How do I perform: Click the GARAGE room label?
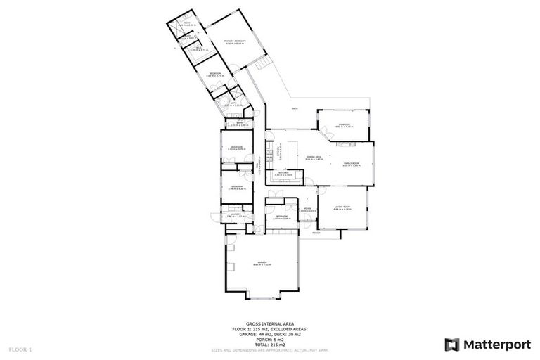pos(262,262)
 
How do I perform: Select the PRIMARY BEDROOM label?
pos(234,41)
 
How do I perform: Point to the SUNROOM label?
pos(344,124)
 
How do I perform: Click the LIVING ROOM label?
pos(342,206)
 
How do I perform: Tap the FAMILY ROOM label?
pos(351,163)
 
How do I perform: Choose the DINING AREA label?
pos(314,157)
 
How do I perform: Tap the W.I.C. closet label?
pos(199,48)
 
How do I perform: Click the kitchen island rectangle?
pos(347,144)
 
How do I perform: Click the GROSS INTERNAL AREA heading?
pos(269,324)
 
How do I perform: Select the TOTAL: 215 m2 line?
pos(269,345)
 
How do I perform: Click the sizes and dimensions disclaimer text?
pos(269,349)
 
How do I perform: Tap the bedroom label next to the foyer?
pos(281,216)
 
